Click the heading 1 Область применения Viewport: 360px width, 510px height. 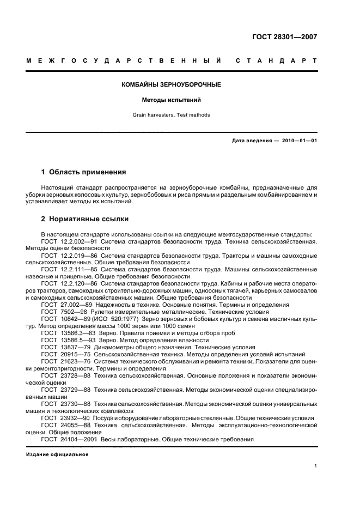pos(84,172)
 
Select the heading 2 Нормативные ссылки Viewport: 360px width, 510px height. pos(85,220)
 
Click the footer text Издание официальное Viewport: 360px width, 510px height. pos(57,454)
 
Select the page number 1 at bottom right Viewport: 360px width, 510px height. pos(315,466)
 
